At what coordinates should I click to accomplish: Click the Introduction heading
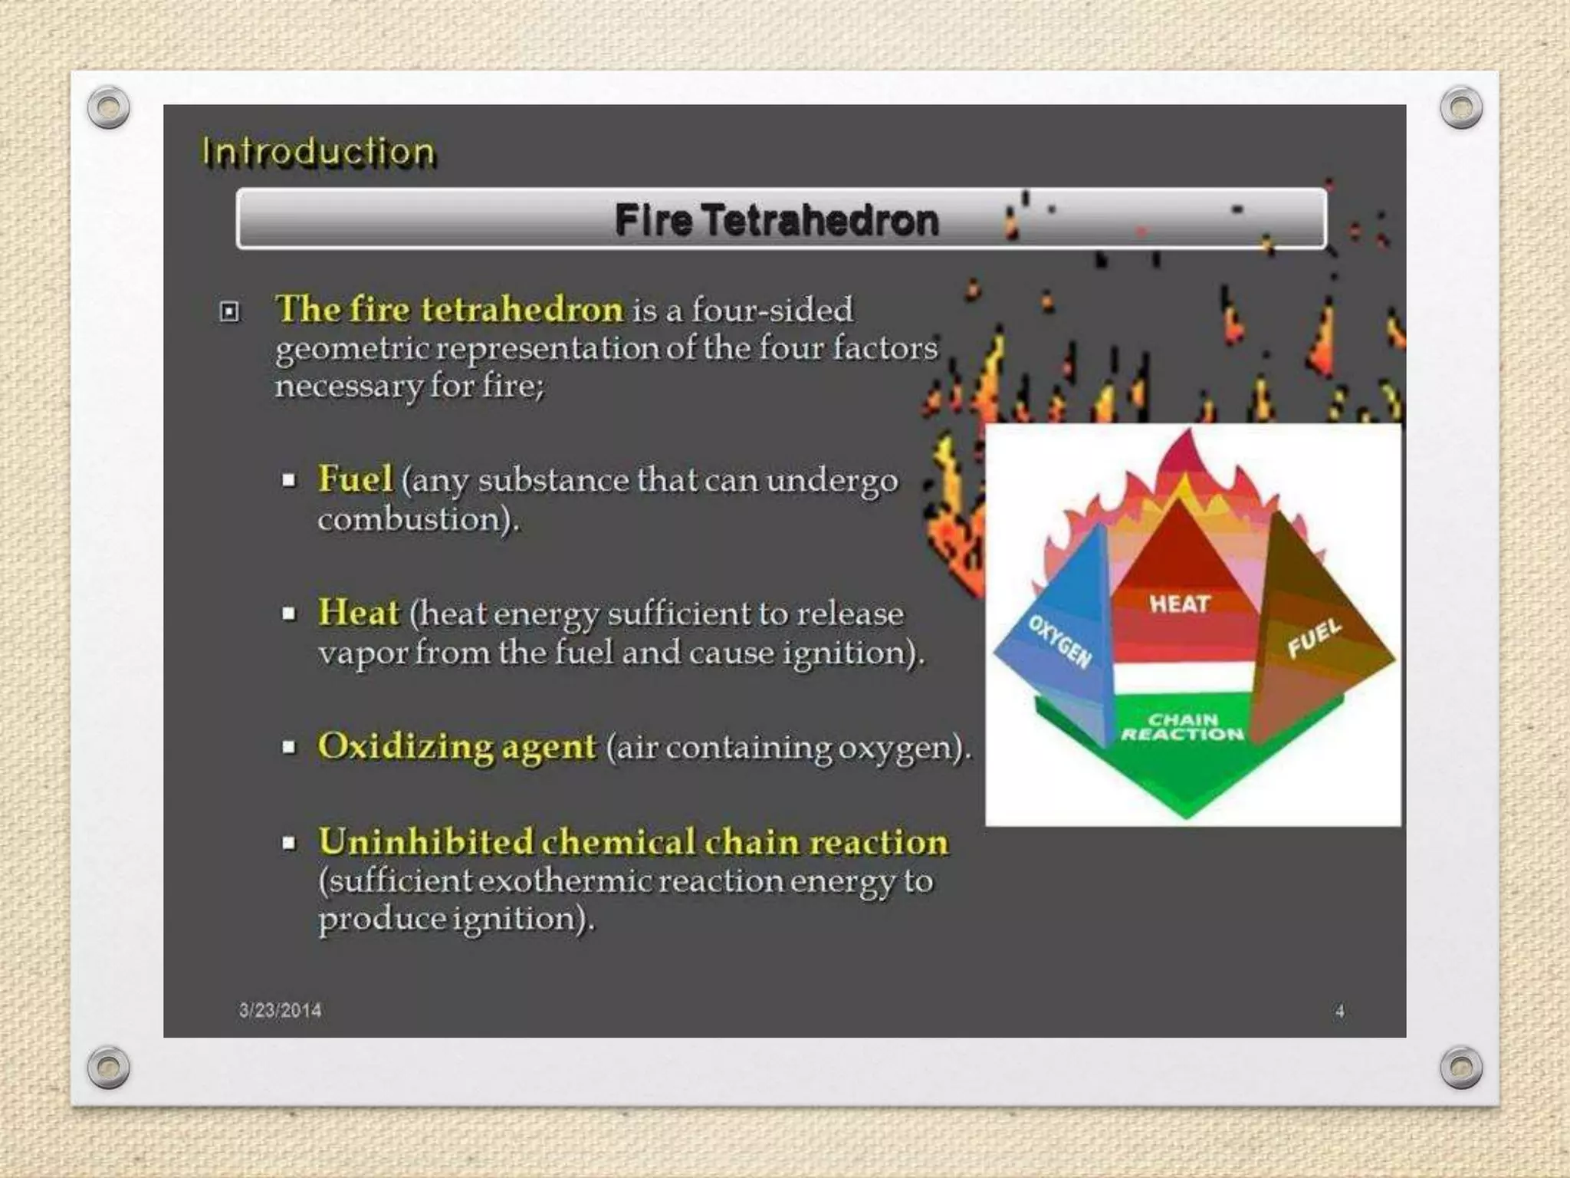[318, 151]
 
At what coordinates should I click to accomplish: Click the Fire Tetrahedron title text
[776, 220]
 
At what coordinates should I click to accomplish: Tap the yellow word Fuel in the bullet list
[355, 479]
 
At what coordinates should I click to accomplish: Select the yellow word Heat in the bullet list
[358, 613]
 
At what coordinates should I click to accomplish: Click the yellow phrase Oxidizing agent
[457, 746]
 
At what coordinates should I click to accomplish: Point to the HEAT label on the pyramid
[1179, 604]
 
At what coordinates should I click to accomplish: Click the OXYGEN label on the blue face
[1060, 641]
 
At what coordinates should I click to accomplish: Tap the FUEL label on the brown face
[1314, 638]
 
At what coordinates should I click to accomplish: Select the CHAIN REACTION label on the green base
[1182, 727]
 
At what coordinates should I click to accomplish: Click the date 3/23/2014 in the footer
[280, 1010]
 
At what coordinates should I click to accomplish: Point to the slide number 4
[1339, 1011]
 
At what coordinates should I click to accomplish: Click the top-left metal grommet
[108, 107]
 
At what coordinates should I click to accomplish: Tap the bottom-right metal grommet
[1461, 1067]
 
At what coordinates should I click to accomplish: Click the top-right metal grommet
[1461, 107]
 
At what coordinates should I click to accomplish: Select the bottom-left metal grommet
[108, 1067]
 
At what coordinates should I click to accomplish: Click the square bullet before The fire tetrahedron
[229, 311]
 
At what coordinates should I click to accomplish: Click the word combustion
[412, 520]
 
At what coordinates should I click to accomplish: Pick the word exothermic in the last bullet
[565, 881]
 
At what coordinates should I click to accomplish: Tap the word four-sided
[772, 310]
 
